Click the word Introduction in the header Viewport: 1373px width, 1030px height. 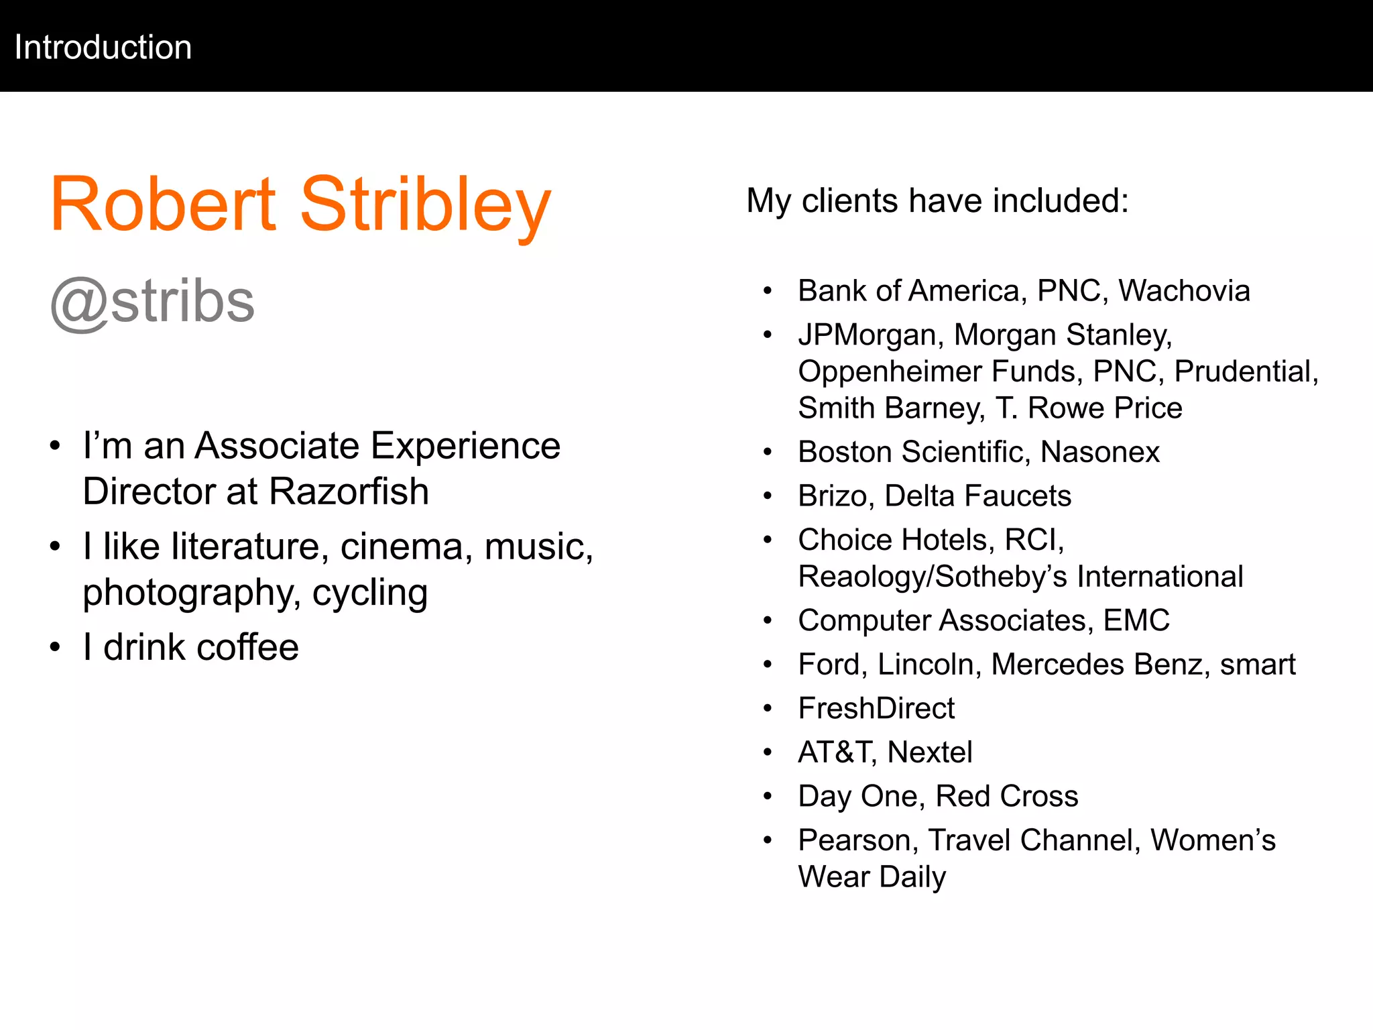(103, 48)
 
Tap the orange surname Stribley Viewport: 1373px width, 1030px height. (425, 205)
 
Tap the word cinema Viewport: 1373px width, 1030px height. (402, 547)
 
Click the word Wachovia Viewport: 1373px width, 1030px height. (1184, 291)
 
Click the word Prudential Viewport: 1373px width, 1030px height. (1246, 371)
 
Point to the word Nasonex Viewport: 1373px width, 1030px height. (1099, 452)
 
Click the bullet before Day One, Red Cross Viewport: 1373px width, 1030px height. (768, 797)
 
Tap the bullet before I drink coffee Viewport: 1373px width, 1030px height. (55, 648)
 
